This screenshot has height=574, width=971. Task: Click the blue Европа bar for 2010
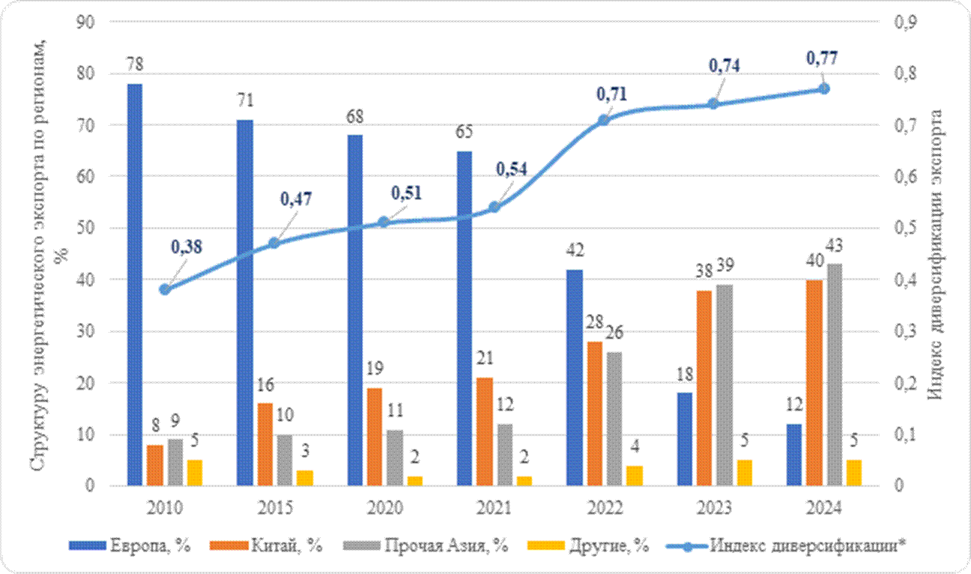pos(135,285)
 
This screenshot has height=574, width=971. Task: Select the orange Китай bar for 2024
pos(814,383)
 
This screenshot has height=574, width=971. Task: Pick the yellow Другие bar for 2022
pos(635,476)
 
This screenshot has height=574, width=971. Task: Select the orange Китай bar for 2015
pos(265,444)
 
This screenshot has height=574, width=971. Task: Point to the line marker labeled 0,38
pos(165,289)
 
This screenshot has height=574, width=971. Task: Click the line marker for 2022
pos(605,120)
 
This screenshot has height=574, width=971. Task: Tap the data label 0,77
pos(822,58)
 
